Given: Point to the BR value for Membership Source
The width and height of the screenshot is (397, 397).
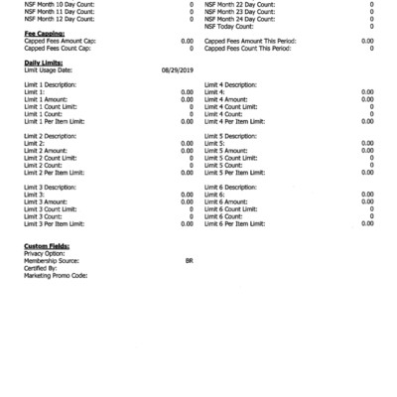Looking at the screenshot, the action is pos(189,261).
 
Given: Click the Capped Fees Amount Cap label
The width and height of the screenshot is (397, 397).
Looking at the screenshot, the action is pos(60,41).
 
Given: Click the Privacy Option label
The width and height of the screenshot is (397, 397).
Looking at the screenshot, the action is pos(45,253).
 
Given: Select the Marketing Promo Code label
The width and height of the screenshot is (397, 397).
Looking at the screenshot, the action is pos(56,275).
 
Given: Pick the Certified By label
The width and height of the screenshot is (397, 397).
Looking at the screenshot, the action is pos(41,268).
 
